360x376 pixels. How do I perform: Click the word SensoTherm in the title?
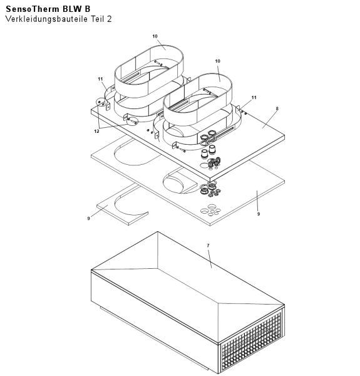[33, 9]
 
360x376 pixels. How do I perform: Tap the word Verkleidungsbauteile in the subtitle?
[46, 19]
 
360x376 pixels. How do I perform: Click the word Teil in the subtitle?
[98, 19]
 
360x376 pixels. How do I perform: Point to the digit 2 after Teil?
[109, 19]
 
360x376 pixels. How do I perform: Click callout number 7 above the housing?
[208, 246]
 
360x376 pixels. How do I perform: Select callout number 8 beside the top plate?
[277, 108]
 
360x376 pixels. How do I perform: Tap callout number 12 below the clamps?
[96, 131]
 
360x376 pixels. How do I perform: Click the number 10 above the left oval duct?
[155, 36]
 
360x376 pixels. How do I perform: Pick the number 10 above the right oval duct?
[217, 61]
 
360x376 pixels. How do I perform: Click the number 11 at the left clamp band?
[100, 79]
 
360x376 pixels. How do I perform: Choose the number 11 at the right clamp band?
[254, 97]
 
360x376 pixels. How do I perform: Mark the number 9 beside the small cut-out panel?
[89, 219]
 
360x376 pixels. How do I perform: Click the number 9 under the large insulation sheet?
[259, 214]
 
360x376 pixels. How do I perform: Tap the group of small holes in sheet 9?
[210, 210]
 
